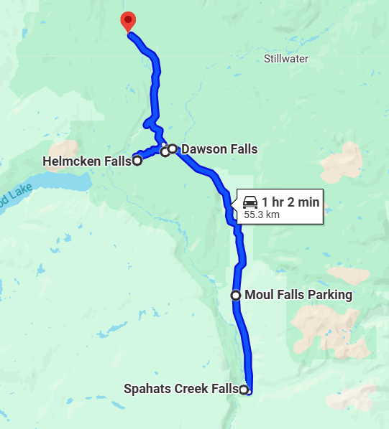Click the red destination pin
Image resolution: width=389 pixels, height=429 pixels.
point(128,22)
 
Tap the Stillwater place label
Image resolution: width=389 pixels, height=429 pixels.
point(285,58)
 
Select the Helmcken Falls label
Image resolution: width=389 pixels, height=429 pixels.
point(86,161)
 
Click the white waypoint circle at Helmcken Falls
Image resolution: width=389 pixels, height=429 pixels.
point(137,161)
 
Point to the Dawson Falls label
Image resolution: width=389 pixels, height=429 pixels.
point(219,149)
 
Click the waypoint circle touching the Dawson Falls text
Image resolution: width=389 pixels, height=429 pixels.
point(173,148)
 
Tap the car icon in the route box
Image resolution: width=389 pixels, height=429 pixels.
point(250,202)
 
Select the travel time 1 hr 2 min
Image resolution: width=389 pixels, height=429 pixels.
point(290,202)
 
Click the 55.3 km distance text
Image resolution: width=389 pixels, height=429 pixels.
point(262,214)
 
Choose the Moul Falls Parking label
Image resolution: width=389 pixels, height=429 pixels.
point(298,295)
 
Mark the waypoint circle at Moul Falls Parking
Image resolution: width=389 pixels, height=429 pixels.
point(235,295)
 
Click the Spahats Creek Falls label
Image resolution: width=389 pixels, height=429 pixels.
point(180,390)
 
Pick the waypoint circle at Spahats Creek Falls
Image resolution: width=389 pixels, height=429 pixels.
point(244,390)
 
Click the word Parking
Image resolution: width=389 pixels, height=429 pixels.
point(330,295)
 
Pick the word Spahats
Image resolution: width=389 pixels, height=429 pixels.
point(147,390)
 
